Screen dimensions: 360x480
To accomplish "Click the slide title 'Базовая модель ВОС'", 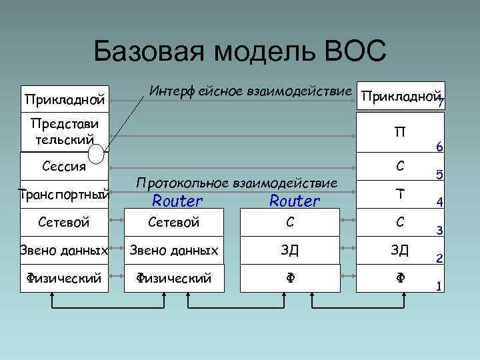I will [239, 51].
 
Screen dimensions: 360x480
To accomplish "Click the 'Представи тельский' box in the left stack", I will [65, 133].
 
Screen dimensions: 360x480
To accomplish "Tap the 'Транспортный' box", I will [65, 194].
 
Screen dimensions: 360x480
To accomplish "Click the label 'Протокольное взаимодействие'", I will [237, 182].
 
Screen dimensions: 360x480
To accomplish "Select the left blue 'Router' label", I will [177, 200].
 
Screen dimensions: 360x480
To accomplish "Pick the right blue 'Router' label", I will [295, 200].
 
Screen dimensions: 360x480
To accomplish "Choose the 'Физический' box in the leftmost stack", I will [65, 277].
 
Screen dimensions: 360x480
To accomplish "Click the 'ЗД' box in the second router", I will [289, 250].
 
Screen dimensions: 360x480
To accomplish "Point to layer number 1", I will [439, 286].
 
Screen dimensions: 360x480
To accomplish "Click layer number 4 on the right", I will [439, 203].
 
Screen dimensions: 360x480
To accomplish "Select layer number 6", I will [439, 147].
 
